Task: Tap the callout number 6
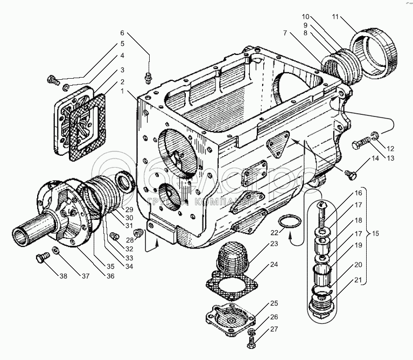coord(122,33)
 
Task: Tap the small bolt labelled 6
coord(150,78)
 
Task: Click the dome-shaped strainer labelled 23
coord(233,258)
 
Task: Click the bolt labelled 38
coord(40,259)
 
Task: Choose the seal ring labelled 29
coord(126,180)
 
